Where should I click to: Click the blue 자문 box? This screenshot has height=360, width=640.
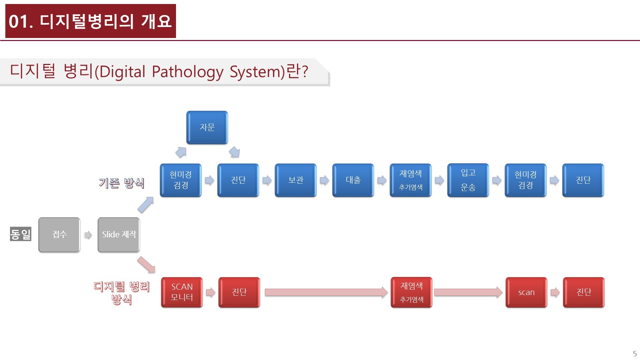(207, 128)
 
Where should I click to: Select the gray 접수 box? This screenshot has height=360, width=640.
(59, 235)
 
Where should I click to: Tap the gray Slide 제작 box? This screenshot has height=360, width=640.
(119, 235)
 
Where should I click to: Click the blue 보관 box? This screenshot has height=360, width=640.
(296, 180)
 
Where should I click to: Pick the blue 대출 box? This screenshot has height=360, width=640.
(353, 180)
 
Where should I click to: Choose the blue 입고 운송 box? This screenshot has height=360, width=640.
(468, 180)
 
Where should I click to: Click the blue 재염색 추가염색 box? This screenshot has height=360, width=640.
(411, 180)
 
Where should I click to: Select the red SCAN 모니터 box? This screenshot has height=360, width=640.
(182, 292)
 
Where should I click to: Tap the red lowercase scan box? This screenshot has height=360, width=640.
(526, 292)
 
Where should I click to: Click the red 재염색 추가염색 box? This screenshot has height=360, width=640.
(411, 292)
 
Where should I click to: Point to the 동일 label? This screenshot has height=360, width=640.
(21, 234)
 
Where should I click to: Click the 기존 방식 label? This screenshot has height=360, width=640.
(122, 183)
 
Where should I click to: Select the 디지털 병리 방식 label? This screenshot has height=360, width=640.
(122, 293)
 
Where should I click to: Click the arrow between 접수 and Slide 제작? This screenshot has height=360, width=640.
(88, 235)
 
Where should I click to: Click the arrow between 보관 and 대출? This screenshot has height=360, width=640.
(324, 180)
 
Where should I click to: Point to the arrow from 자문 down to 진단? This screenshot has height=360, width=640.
(234, 152)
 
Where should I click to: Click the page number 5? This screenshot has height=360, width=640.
(635, 354)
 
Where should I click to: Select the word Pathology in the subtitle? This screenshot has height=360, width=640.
(187, 72)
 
